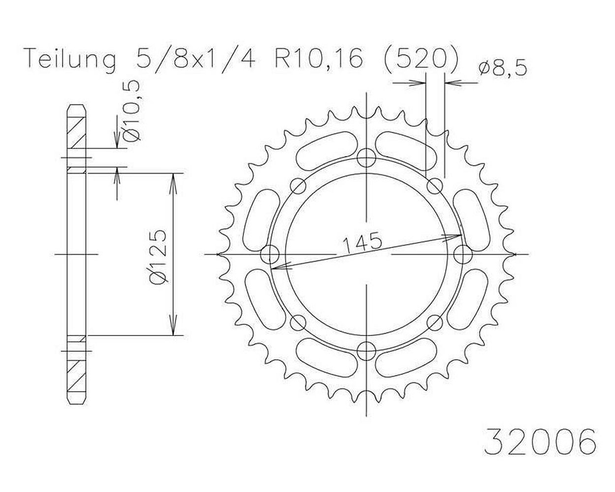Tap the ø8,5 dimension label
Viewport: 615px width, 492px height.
click(503, 69)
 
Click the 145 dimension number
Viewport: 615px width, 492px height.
click(362, 243)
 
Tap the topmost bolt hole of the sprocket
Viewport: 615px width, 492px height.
click(367, 158)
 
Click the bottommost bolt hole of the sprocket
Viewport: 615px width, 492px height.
click(367, 350)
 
